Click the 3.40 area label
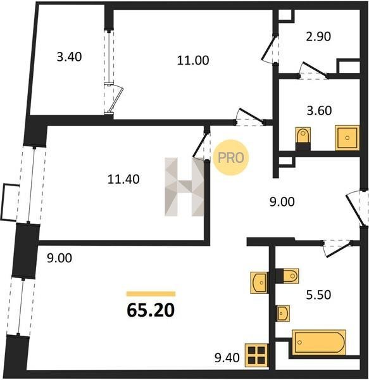tap(69, 57)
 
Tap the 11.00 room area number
tap(193, 60)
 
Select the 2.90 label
tap(318, 37)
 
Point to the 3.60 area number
tap(320, 111)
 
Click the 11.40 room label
tap(123, 180)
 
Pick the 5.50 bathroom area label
tap(318, 295)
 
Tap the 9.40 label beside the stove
tap(227, 358)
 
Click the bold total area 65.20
tap(151, 310)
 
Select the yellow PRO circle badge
tap(231, 158)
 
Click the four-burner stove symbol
tap(256, 355)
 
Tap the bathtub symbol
tap(319, 342)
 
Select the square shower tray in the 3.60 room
tap(347, 138)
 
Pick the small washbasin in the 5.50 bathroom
tap(283, 313)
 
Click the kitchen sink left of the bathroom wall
tap(260, 282)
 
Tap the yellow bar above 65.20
tap(151, 294)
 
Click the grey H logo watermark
tap(185, 187)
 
